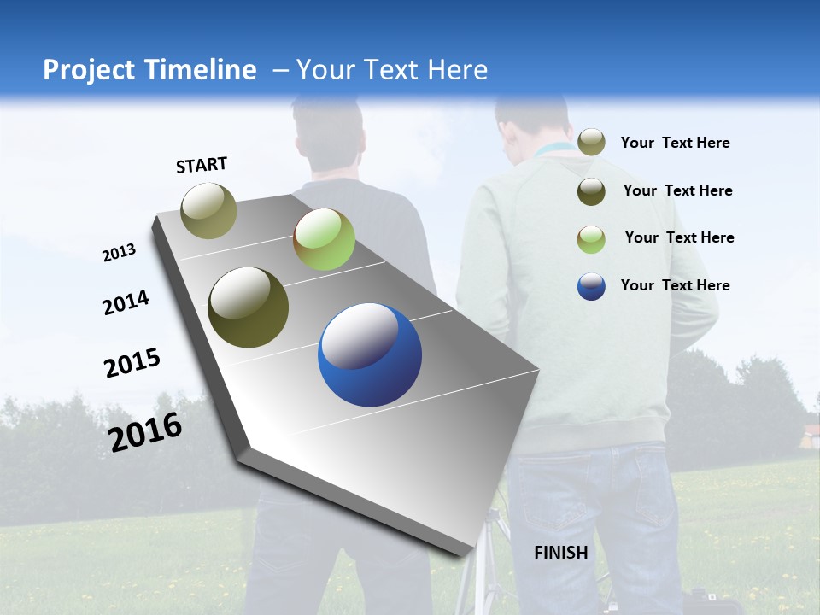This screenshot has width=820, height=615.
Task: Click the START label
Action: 202,165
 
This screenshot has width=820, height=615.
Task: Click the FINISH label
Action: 561,553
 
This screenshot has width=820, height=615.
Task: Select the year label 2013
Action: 119,253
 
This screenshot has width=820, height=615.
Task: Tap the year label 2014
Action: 126,302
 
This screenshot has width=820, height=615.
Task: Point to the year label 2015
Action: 132,363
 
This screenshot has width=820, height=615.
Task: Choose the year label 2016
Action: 145,432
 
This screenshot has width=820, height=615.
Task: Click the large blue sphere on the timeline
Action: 370,355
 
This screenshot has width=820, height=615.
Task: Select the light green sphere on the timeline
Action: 324,239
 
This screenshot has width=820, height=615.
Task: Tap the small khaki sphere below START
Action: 209,210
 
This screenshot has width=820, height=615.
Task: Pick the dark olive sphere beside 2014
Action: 249,307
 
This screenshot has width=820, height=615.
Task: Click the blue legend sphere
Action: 591,286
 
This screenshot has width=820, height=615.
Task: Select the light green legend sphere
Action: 591,239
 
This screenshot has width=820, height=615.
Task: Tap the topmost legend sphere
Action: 591,142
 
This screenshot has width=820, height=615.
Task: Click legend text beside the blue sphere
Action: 675,285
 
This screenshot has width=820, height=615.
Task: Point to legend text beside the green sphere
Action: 679,237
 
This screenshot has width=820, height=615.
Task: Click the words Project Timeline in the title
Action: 149,70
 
